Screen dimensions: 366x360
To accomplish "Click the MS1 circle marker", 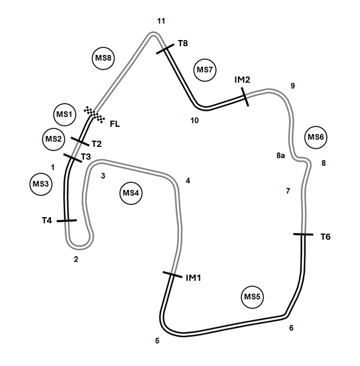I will pos(64,114).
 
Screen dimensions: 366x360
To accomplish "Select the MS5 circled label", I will pos(253,297).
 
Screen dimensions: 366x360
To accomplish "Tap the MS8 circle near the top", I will pos(104,58).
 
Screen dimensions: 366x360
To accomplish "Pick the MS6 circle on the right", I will pos(316,137).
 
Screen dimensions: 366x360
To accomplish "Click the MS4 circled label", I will pos(131,193).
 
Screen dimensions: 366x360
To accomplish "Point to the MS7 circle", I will pos(205,70).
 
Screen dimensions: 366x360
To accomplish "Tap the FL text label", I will pos(115,123).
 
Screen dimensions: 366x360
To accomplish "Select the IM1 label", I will pos(193,278).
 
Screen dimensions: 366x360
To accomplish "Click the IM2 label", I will pos(242,80).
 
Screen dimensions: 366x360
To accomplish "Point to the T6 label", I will pos(326,237).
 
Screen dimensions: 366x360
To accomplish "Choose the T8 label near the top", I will pos(183,43).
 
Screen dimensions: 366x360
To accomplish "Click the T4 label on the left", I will pos(47,220).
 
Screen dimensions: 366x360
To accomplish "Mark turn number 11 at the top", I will pos(161,21).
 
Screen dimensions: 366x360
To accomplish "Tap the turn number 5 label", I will pos(157,340).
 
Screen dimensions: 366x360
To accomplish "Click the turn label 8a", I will pos(280,156).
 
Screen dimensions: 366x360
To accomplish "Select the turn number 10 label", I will pos(194,121).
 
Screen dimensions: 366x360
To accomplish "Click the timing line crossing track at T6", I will pos(303,235).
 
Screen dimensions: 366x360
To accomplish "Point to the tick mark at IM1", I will pos(172,276).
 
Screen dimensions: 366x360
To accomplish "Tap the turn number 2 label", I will pos(76,259).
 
